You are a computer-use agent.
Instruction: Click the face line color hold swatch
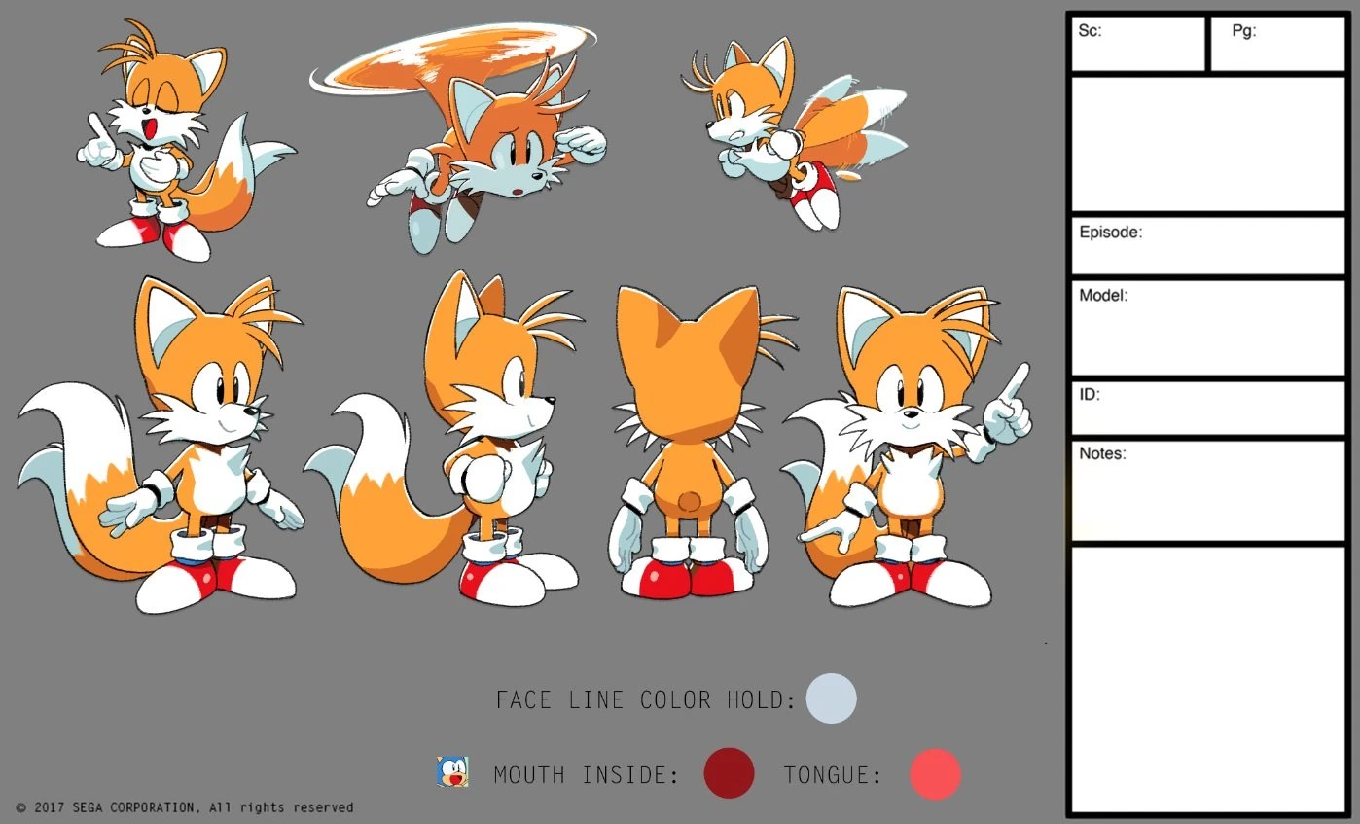[831, 699]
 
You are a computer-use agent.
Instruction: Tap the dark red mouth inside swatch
[729, 773]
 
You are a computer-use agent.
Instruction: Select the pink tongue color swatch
[935, 774]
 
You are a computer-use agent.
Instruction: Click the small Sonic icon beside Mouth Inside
[452, 772]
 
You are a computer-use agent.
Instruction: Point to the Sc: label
[1090, 31]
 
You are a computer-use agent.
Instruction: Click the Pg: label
[1244, 31]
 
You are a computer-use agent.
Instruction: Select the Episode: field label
[1110, 233]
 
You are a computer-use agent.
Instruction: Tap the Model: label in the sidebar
[1103, 296]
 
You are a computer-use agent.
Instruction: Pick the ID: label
[1090, 395]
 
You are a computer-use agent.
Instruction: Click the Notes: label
[1102, 453]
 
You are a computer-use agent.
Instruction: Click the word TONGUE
[832, 775]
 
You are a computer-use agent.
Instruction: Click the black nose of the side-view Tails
[551, 399]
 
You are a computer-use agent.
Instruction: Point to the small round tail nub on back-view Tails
[690, 501]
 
